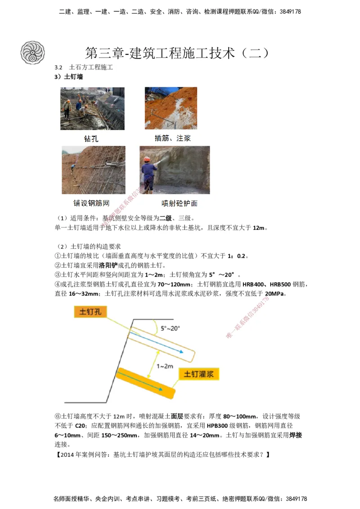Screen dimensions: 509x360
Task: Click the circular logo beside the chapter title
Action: (x=33, y=52)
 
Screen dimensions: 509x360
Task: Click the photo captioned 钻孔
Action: (x=92, y=108)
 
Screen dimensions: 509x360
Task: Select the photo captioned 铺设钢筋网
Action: (x=93, y=170)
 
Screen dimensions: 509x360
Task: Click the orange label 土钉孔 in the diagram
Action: (x=90, y=312)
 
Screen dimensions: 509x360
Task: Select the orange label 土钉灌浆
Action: (x=198, y=374)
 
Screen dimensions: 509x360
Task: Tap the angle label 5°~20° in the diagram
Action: (x=171, y=328)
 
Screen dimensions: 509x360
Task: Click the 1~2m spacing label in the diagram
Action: (x=165, y=366)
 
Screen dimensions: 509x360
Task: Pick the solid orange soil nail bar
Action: (x=145, y=383)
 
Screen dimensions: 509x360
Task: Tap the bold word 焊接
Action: (x=295, y=435)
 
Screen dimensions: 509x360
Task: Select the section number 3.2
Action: (x=58, y=67)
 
